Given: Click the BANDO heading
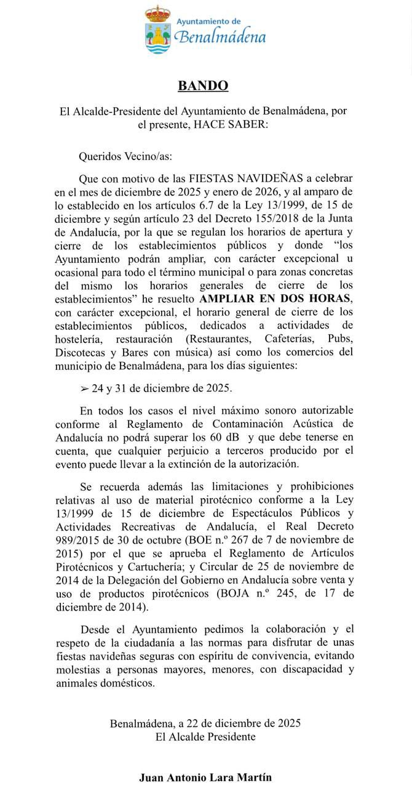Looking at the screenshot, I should coord(203,86).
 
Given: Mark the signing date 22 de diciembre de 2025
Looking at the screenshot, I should coord(244,723).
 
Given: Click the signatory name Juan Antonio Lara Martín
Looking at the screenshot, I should coord(205,778).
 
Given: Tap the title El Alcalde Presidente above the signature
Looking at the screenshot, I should coord(205,736).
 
